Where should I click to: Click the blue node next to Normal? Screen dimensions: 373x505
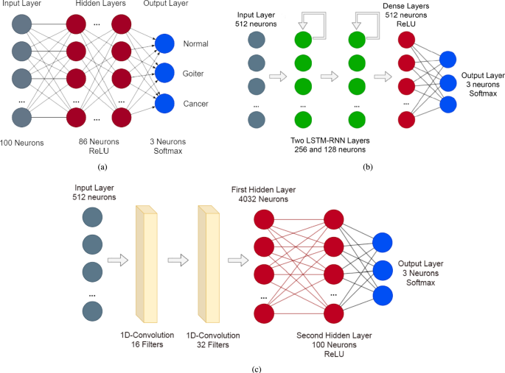(164, 45)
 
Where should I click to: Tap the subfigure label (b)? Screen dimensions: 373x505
(369, 166)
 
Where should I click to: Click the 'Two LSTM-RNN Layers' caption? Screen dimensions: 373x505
(330, 140)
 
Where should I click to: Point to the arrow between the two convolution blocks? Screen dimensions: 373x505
(178, 259)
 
